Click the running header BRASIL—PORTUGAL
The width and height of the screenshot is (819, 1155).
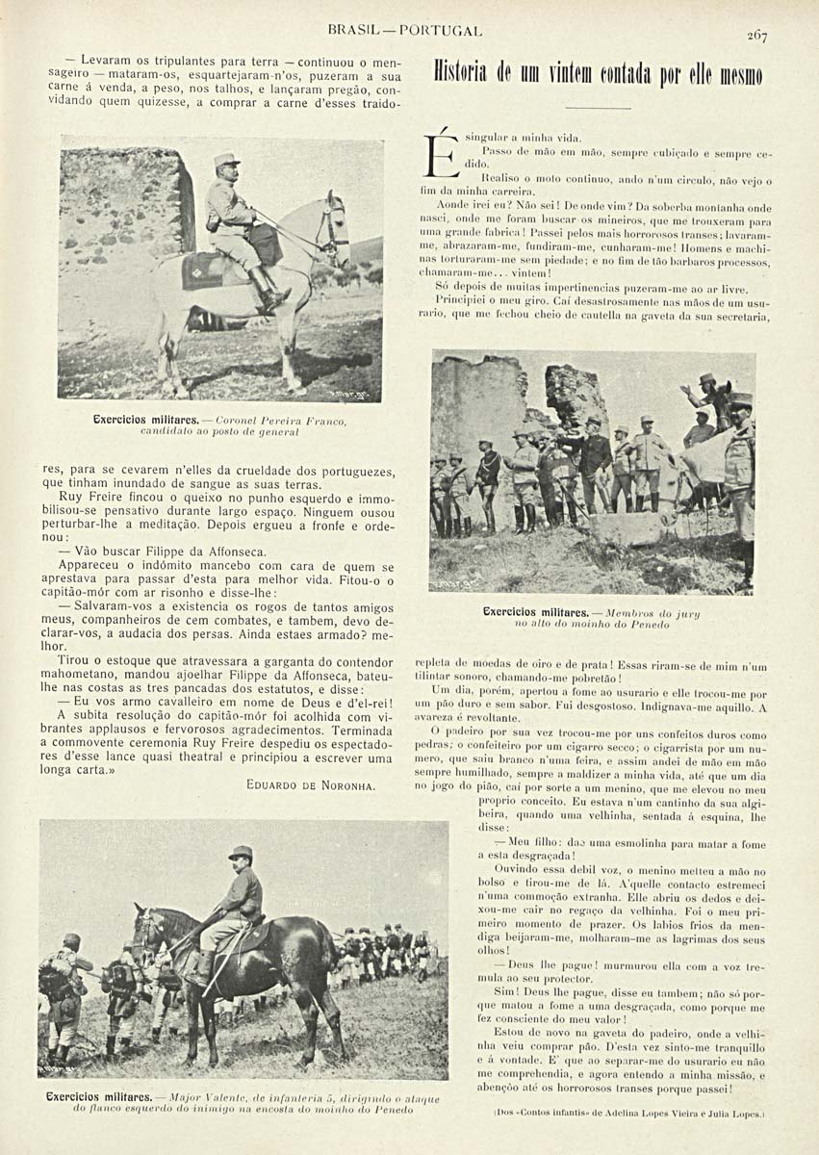click(x=404, y=32)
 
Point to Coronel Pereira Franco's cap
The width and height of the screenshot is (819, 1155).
click(x=226, y=159)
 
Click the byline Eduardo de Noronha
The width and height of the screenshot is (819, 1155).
click(x=310, y=784)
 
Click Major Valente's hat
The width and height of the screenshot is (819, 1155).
click(x=241, y=852)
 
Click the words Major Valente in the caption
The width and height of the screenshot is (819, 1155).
click(x=200, y=1097)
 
